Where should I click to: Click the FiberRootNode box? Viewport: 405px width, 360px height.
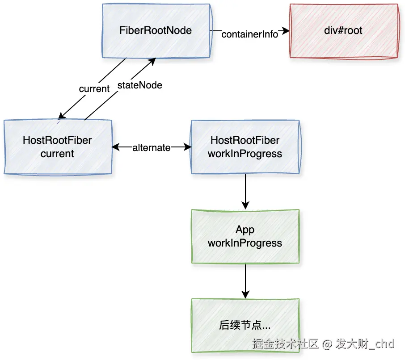click(x=156, y=31)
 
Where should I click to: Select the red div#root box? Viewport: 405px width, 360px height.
click(x=343, y=31)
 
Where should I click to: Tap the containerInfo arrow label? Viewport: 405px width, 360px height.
click(x=250, y=34)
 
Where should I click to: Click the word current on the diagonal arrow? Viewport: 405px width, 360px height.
click(x=94, y=89)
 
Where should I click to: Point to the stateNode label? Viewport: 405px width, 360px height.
click(x=139, y=85)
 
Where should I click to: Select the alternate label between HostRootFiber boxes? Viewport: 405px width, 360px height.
click(x=151, y=147)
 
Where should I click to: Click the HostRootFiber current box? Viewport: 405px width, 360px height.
click(x=57, y=147)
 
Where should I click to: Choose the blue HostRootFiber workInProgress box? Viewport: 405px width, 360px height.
click(x=245, y=147)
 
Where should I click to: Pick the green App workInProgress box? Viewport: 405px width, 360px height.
click(x=245, y=236)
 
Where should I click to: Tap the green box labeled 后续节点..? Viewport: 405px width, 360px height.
click(x=245, y=325)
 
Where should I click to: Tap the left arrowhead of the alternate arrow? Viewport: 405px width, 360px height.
click(x=115, y=147)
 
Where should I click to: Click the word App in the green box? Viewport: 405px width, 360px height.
click(x=245, y=230)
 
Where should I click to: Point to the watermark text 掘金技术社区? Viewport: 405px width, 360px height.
click(x=285, y=344)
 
